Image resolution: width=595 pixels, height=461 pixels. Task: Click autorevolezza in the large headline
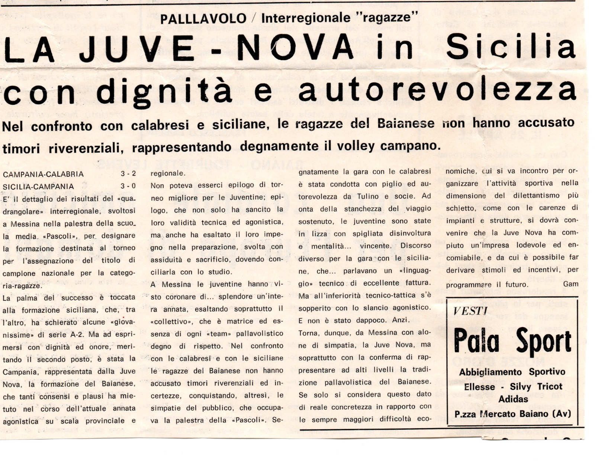438,91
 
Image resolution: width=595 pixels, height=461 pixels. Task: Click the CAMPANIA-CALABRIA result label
43,174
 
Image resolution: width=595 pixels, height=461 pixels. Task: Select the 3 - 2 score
128,174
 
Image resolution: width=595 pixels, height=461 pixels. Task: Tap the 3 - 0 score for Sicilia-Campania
128,186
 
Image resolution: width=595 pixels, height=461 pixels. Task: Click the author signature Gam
570,284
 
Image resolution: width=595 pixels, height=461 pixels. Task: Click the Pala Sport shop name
512,341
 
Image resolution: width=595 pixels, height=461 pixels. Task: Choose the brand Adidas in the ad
513,399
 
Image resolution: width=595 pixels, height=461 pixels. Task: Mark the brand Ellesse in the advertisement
479,387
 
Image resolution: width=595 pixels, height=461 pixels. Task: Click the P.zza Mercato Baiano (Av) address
512,414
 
